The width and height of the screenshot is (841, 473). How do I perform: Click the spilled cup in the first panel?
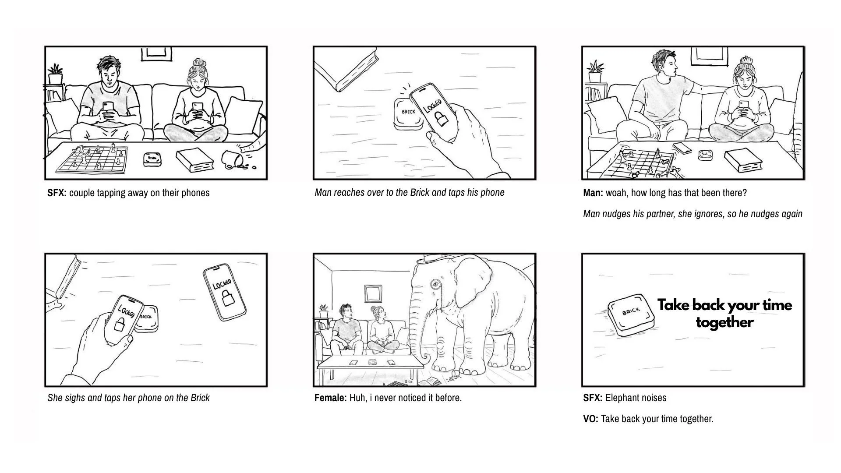point(232,159)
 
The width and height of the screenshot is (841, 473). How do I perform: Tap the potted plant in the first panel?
point(55,74)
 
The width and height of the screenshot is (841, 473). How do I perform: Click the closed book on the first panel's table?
point(195,160)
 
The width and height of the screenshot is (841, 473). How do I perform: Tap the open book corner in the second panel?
point(346,70)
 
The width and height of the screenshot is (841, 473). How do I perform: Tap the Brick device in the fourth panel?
point(146,318)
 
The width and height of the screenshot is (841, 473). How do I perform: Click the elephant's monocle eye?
point(435,284)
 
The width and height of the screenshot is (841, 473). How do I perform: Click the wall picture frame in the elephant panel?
point(373,293)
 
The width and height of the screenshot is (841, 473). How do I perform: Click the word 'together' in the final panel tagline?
point(724,323)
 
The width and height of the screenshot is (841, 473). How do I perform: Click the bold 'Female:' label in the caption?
point(330,398)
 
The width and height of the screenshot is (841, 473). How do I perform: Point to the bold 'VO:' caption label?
point(590,419)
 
